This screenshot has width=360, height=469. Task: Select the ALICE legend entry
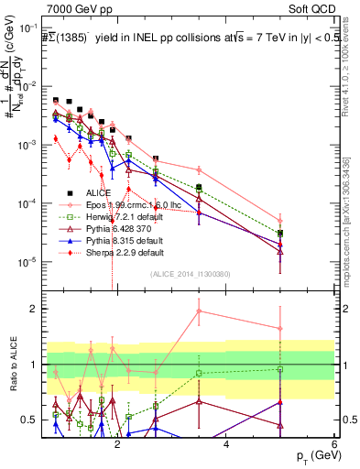coord(97,193)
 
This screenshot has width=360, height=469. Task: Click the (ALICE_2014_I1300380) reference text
coord(190,272)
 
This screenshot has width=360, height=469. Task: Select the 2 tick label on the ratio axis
coord(37,309)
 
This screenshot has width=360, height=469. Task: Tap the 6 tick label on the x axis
coord(334,443)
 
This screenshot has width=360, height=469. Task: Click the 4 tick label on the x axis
coord(226,443)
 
